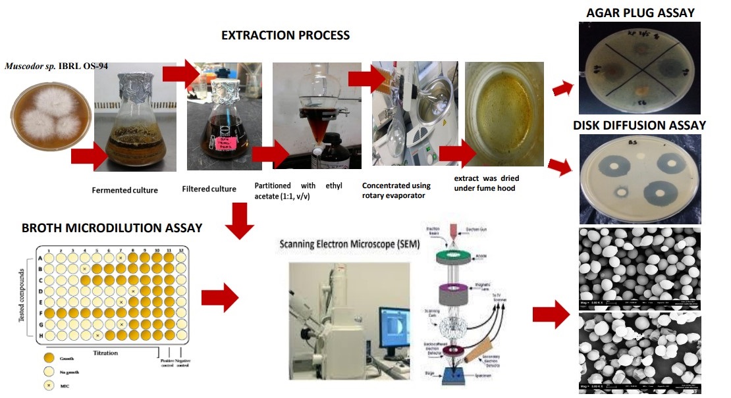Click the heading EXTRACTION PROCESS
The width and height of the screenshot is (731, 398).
(x=285, y=35)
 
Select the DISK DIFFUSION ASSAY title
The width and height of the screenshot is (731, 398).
(x=639, y=125)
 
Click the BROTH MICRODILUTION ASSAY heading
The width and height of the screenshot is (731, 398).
(x=112, y=228)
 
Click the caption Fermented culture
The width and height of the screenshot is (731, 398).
(x=125, y=190)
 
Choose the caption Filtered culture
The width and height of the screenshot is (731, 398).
(x=209, y=189)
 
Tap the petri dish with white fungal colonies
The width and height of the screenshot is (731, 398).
(x=49, y=126)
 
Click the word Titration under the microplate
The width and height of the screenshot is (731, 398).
(x=105, y=353)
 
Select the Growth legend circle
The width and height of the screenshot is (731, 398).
(x=47, y=359)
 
